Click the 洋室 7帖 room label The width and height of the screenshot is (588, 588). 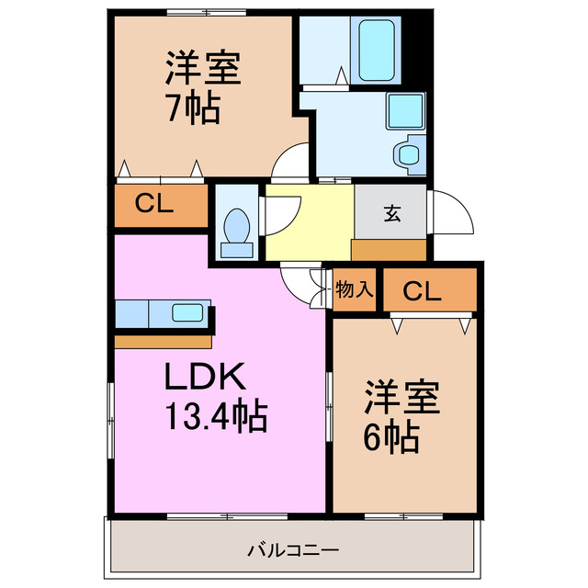coord(203,88)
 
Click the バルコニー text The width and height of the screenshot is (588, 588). coord(293,551)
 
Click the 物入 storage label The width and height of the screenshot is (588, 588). coord(354,290)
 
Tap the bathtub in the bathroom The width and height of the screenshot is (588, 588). coord(379,50)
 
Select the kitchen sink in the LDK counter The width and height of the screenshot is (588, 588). coord(187,312)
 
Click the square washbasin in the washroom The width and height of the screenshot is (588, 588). coord(403,110)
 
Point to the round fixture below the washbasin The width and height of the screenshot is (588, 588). coord(408,153)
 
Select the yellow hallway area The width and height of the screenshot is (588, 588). coord(308,220)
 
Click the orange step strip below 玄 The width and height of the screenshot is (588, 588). coord(389,248)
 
